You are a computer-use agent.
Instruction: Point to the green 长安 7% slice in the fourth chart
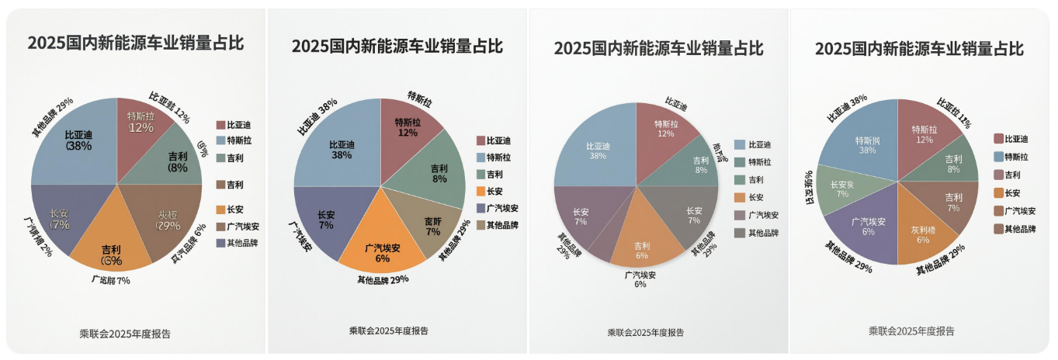tap(842, 190)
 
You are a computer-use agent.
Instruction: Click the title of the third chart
tap(658, 48)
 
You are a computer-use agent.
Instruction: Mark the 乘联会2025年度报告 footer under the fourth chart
tap(911, 331)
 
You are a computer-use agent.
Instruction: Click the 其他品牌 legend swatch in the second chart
tap(481, 226)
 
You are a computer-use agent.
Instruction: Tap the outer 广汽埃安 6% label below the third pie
tap(640, 279)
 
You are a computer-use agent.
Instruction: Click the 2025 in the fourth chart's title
tap(833, 48)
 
